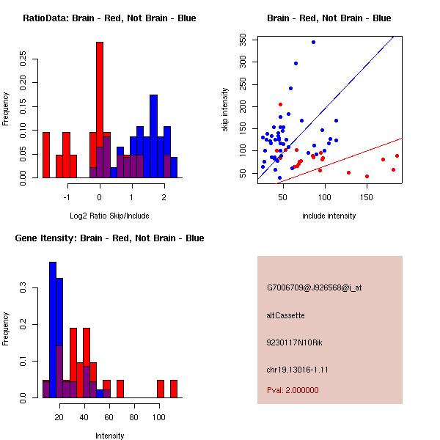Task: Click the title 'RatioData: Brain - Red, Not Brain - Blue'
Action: coord(109,18)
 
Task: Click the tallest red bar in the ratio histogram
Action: coord(100,110)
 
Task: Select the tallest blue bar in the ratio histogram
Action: coord(153,136)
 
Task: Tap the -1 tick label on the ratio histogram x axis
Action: coord(67,197)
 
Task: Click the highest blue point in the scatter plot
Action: coord(313,43)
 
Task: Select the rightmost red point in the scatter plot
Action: coord(397,155)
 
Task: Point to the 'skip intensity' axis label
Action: coord(226,110)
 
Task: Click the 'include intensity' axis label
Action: coord(329,216)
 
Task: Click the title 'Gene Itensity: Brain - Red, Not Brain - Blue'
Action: coord(109,238)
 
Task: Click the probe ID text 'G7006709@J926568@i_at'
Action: coord(314,287)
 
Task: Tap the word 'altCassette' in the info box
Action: coord(285,315)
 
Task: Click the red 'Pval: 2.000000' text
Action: coord(293,390)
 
